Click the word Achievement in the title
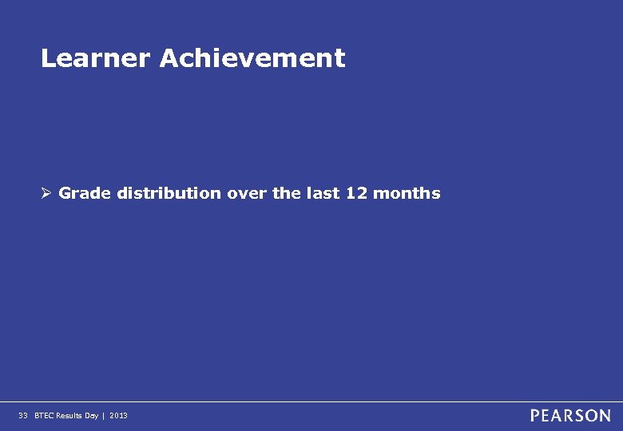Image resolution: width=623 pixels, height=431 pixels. pos(252,58)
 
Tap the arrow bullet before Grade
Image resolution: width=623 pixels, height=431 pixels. pos(47,193)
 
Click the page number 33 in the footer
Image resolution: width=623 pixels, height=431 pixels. pos(22,416)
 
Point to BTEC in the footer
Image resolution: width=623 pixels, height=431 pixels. pos(43,416)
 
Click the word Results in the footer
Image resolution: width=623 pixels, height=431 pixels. pos(69,416)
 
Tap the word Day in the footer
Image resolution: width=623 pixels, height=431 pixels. pos(92,416)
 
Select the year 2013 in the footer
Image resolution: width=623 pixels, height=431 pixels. pos(118,416)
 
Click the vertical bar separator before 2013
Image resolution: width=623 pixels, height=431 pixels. pos(104,416)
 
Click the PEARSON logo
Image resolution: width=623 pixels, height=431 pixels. pos(570,416)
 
